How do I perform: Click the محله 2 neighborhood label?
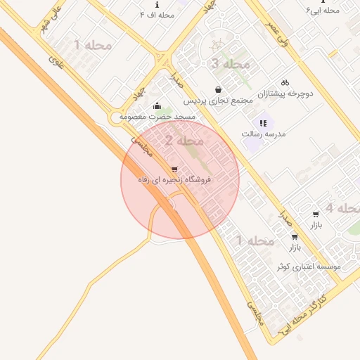[x=184, y=141]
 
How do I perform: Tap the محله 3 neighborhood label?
[x=230, y=64]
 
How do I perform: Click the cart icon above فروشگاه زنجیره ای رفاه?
[x=174, y=169]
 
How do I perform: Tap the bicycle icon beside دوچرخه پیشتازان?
[x=285, y=82]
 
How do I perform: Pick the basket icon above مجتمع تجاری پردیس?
[x=219, y=89]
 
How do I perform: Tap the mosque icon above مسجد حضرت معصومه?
[x=155, y=105]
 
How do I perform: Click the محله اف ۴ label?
[x=157, y=14]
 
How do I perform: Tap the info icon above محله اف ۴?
[x=157, y=4]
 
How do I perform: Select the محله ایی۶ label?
[x=323, y=11]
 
